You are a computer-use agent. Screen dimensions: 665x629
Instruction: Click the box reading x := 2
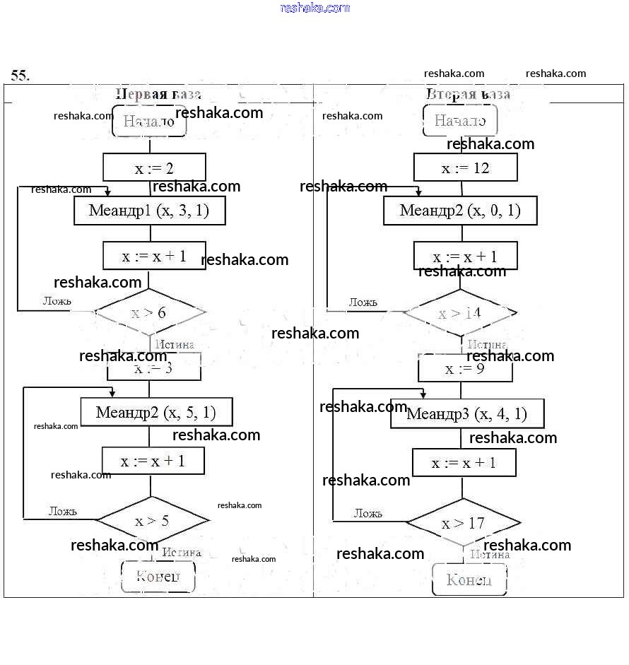pyautogui.click(x=154, y=167)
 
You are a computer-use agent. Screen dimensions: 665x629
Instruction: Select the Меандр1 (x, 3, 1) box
pyautogui.click(x=149, y=211)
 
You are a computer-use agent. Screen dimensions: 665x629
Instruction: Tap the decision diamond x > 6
pyautogui.click(x=149, y=312)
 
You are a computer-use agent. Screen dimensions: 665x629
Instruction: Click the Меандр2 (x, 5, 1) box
pyautogui.click(x=156, y=412)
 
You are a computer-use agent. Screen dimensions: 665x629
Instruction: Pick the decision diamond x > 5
pyautogui.click(x=152, y=522)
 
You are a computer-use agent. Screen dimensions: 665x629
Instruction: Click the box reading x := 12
pyautogui.click(x=465, y=167)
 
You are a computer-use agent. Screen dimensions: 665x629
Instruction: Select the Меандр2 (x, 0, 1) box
pyautogui.click(x=460, y=211)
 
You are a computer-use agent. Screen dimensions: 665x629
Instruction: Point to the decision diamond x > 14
pyautogui.click(x=459, y=312)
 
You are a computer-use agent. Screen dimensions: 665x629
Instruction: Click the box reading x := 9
pyautogui.click(x=465, y=368)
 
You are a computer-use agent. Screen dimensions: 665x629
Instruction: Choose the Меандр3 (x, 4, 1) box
pyautogui.click(x=467, y=414)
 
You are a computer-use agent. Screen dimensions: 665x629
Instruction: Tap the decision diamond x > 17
pyautogui.click(x=463, y=524)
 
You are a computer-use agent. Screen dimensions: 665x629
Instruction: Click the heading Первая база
pyautogui.click(x=158, y=94)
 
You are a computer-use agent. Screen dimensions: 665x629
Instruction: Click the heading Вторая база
pyautogui.click(x=469, y=94)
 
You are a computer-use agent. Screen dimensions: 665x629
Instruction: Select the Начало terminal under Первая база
pyautogui.click(x=149, y=122)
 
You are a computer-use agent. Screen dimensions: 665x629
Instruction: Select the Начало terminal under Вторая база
pyautogui.click(x=460, y=121)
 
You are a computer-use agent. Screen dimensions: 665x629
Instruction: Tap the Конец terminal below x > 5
pyautogui.click(x=158, y=577)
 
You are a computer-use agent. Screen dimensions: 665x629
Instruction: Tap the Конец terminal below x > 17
pyautogui.click(x=469, y=580)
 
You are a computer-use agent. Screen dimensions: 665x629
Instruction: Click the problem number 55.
pyautogui.click(x=20, y=75)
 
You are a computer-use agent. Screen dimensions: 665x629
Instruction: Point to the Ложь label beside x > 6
pyautogui.click(x=57, y=301)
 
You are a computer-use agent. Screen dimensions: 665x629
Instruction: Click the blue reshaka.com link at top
pyautogui.click(x=315, y=8)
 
